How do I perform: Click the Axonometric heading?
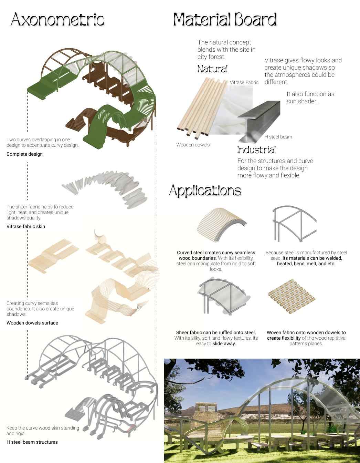coord(57,20)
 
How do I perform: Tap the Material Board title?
coord(225,20)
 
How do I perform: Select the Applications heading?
coord(205,191)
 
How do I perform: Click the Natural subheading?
coord(212,69)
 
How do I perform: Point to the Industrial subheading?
coord(256,150)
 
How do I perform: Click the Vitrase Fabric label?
coord(244,82)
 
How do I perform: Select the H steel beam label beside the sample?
coord(278,137)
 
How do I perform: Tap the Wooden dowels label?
coord(193,145)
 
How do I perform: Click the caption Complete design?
coord(24,154)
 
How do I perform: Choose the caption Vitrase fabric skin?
coord(26,226)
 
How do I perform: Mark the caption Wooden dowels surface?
coord(32,323)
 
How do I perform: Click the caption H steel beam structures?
coord(32,442)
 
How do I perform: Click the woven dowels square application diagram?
coord(292,296)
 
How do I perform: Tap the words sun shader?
coord(302,101)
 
